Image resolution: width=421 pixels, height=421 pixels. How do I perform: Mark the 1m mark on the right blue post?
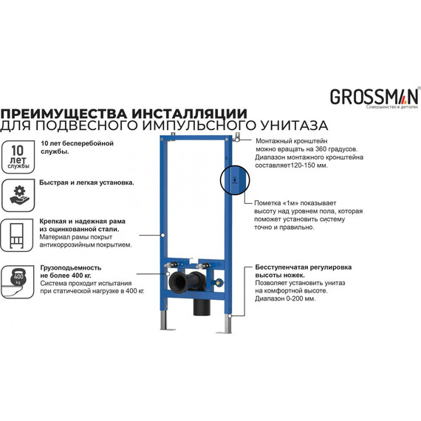(x=233, y=179)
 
